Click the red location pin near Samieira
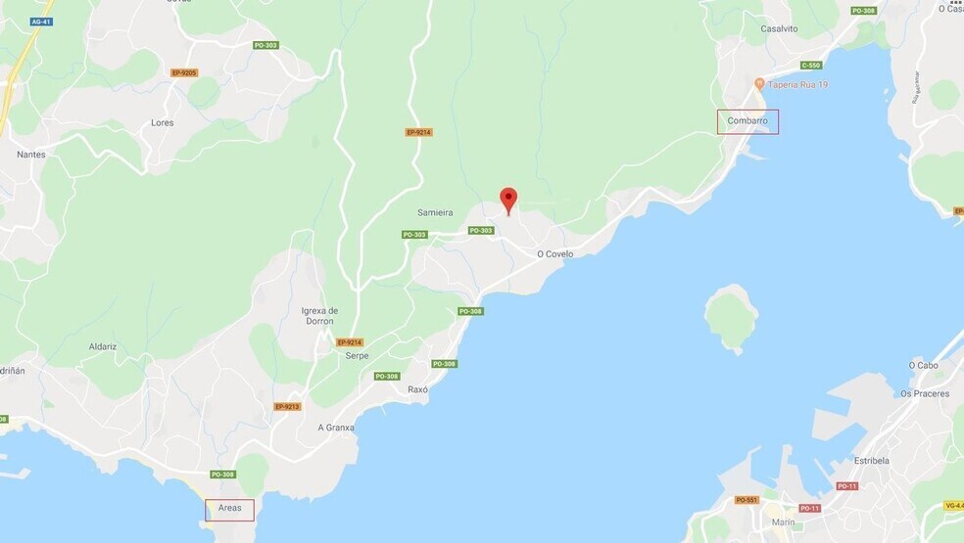pos(507,200)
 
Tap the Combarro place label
pos(747,121)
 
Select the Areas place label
pos(229,509)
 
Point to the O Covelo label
pos(554,254)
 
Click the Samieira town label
pos(435,212)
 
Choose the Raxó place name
pos(418,389)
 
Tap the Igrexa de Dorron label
pos(319,316)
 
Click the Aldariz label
pos(102,346)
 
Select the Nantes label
pos(31,155)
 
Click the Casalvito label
pos(779,29)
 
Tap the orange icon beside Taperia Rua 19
pos(759,84)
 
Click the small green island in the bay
pos(731,315)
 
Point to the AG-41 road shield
pos(40,22)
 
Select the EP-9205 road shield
pos(184,72)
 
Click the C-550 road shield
pos(810,66)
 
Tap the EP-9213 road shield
pos(287,407)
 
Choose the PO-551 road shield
pos(747,500)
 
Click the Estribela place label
pos(871,460)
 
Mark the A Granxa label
pos(336,428)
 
